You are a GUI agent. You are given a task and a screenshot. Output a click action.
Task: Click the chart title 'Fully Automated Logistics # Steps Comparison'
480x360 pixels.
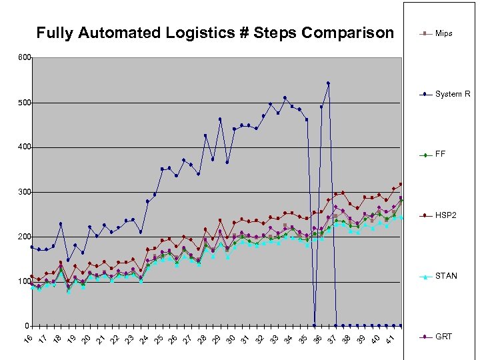pyautogui.click(x=215, y=33)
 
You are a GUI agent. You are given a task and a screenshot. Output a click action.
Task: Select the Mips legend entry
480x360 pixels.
pyautogui.click(x=443, y=33)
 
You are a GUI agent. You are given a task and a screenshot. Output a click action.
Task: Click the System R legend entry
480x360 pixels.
pyautogui.click(x=452, y=94)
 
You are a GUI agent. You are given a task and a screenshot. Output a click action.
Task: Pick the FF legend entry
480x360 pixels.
pyautogui.click(x=440, y=155)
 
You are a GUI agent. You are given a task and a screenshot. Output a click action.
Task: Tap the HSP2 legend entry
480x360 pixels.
pyautogui.click(x=445, y=215)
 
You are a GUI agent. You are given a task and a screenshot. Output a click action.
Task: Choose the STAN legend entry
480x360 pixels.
pyautogui.click(x=445, y=276)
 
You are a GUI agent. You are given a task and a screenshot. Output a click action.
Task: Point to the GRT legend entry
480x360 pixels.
pyautogui.click(x=443, y=337)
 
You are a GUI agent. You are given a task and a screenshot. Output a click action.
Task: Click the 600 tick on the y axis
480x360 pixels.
pyautogui.click(x=24, y=58)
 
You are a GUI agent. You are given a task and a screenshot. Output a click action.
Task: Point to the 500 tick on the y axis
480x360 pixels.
pyautogui.click(x=24, y=103)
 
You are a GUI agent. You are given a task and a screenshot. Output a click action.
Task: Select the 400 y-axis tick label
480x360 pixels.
pyautogui.click(x=24, y=147)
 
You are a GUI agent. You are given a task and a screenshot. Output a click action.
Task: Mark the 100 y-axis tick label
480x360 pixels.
pyautogui.click(x=24, y=282)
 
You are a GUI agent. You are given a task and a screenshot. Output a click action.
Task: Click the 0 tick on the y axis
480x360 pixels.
pyautogui.click(x=27, y=327)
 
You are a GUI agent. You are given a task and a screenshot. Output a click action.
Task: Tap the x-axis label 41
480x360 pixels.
pyautogui.click(x=391, y=340)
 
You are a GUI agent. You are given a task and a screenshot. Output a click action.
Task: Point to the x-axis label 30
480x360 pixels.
pyautogui.click(x=231, y=340)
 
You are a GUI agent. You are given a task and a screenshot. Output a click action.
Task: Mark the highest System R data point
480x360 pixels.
pyautogui.click(x=329, y=83)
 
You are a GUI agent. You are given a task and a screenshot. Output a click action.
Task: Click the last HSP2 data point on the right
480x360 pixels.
pyautogui.click(x=401, y=184)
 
